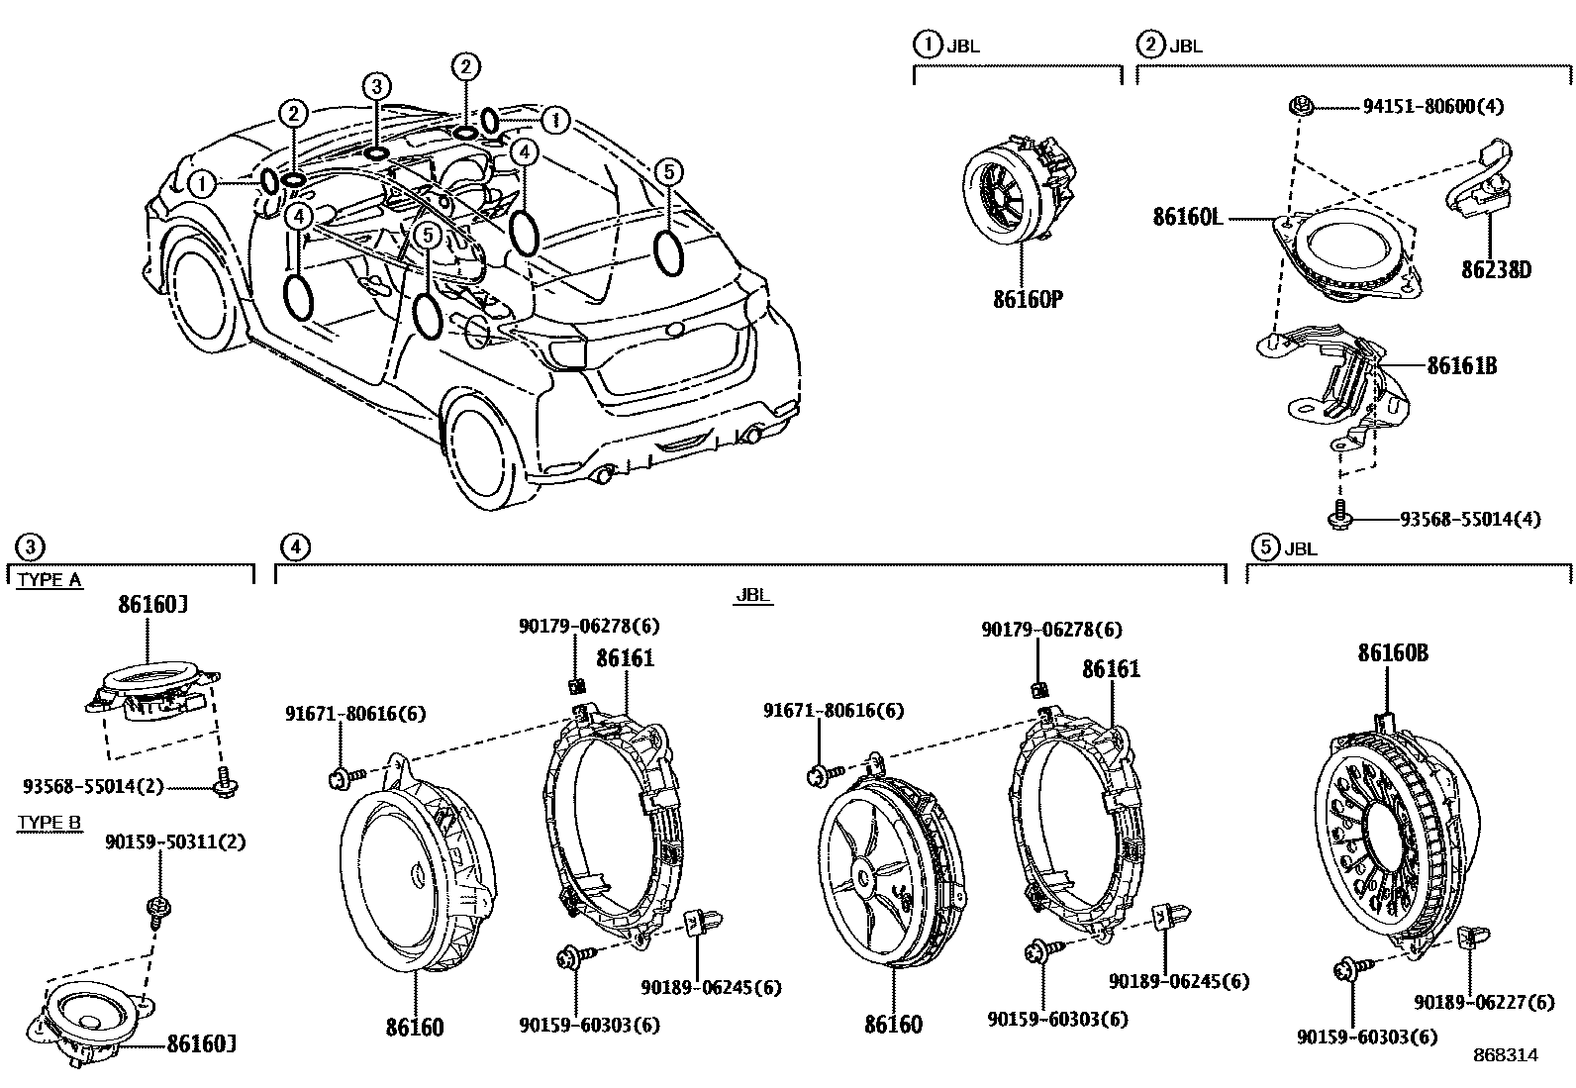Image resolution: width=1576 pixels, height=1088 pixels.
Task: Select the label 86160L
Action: (1187, 216)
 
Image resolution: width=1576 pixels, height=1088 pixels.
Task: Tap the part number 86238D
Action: (1496, 269)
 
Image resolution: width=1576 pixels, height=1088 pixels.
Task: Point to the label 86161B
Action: (1461, 366)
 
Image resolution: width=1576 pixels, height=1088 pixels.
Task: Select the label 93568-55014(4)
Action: (1469, 519)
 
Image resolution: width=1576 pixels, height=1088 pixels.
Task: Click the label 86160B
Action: (1393, 653)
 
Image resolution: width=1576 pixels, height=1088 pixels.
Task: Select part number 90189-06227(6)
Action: (1484, 1003)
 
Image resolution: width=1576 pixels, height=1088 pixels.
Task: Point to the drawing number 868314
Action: (1504, 1055)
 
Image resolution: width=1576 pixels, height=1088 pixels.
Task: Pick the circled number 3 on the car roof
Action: (375, 87)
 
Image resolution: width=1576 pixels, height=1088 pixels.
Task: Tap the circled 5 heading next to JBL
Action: (1263, 546)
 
